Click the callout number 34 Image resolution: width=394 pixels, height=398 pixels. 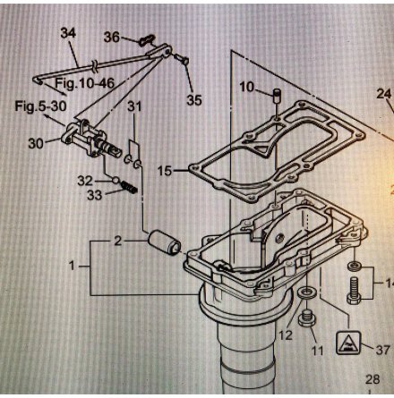coord(68,33)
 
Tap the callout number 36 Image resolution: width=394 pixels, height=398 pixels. coord(112,38)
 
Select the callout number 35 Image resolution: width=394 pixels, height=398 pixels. coord(194,100)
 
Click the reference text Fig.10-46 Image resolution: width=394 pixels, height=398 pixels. coord(85,83)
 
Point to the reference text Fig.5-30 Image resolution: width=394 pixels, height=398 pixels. coord(41,106)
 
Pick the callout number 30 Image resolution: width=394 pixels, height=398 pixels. coord(36,143)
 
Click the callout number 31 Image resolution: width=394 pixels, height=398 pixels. coord(134,106)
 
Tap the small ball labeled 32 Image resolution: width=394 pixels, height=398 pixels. coord(116,180)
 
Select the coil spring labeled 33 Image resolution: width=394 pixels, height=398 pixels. coord(129,187)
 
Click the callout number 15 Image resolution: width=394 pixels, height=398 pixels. coord(165,171)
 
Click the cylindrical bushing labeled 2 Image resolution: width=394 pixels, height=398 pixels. coord(165,242)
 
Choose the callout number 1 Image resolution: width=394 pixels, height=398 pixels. coord(72,265)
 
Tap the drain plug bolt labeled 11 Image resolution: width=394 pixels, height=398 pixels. coord(305,318)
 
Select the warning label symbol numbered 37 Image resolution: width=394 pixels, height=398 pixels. coord(348,343)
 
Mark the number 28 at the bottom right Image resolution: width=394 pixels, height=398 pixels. coord(373,379)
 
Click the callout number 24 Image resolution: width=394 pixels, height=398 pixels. coord(384,94)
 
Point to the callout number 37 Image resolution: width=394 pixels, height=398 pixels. coord(382,350)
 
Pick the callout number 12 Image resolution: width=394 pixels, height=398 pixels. coord(286,335)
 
